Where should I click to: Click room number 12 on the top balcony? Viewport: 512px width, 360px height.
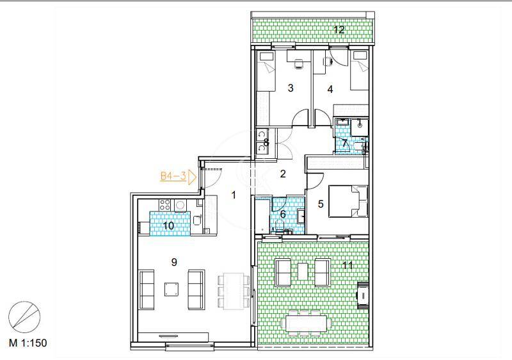[339, 29]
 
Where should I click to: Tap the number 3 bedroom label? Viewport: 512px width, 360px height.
[291, 88]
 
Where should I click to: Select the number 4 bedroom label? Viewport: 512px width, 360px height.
[330, 89]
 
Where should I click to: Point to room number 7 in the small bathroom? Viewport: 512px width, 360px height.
[345, 143]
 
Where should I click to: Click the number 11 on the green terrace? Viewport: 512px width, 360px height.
[348, 265]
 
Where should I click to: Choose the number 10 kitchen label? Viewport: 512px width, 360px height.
[168, 225]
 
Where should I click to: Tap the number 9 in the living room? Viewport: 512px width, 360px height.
[174, 262]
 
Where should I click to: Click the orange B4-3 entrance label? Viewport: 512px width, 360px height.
[173, 176]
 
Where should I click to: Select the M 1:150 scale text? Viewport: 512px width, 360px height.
[28, 343]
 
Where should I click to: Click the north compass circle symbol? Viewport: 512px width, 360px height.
[24, 317]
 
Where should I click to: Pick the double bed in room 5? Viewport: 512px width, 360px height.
[348, 201]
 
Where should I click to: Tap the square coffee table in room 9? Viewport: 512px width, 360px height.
[172, 290]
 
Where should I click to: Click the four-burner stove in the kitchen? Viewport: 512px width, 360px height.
[164, 205]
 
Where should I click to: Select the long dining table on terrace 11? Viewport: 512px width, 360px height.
[307, 323]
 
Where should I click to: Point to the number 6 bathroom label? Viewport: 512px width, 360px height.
[283, 215]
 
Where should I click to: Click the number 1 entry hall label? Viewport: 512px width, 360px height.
[234, 195]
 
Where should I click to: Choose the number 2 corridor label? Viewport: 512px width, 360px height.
[283, 174]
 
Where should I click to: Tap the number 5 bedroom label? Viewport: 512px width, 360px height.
[321, 204]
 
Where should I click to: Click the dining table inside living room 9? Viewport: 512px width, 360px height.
[234, 291]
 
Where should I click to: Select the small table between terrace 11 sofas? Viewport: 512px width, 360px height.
[303, 272]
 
